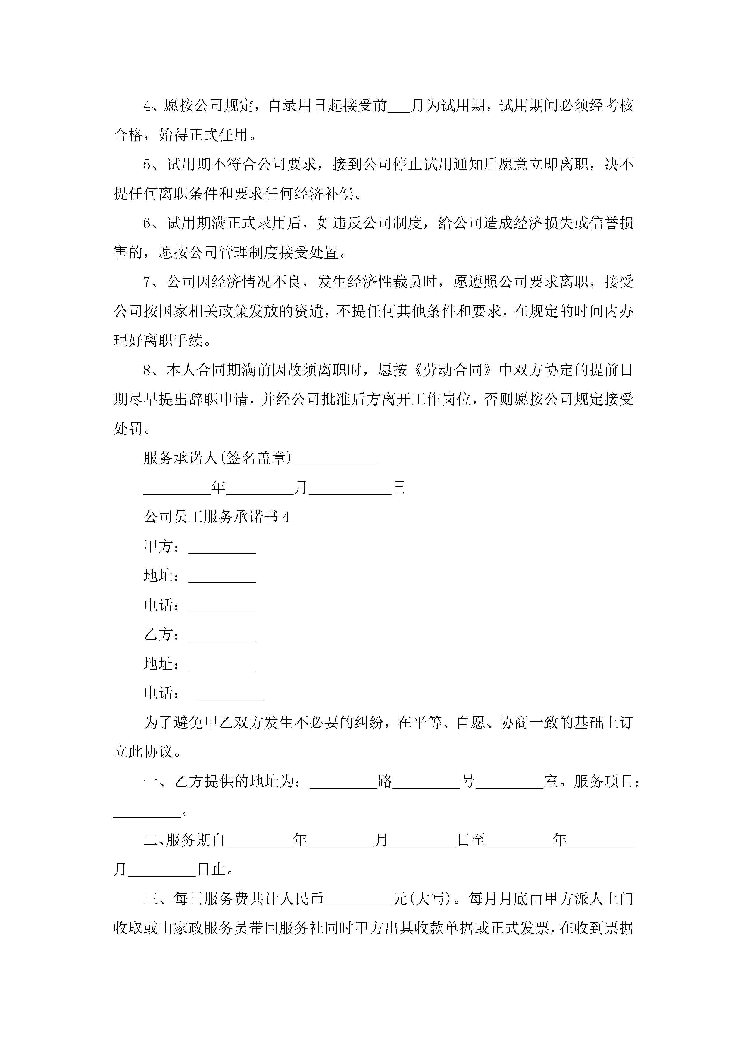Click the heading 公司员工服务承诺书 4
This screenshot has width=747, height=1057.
216,517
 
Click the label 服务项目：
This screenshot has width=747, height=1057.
607,782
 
